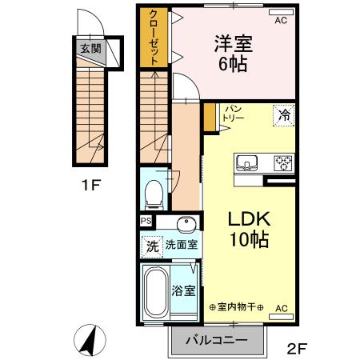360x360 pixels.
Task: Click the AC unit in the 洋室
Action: tap(280, 22)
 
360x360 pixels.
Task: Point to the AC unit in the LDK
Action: tap(282, 307)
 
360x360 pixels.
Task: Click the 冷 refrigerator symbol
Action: tap(283, 114)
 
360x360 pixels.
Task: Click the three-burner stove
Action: tap(282, 163)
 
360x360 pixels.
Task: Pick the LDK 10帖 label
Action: tap(250, 228)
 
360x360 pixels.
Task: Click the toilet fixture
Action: tap(154, 191)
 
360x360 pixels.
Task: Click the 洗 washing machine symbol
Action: tap(152, 246)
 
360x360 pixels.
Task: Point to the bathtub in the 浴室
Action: tap(156, 292)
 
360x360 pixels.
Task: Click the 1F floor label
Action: tap(90, 186)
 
